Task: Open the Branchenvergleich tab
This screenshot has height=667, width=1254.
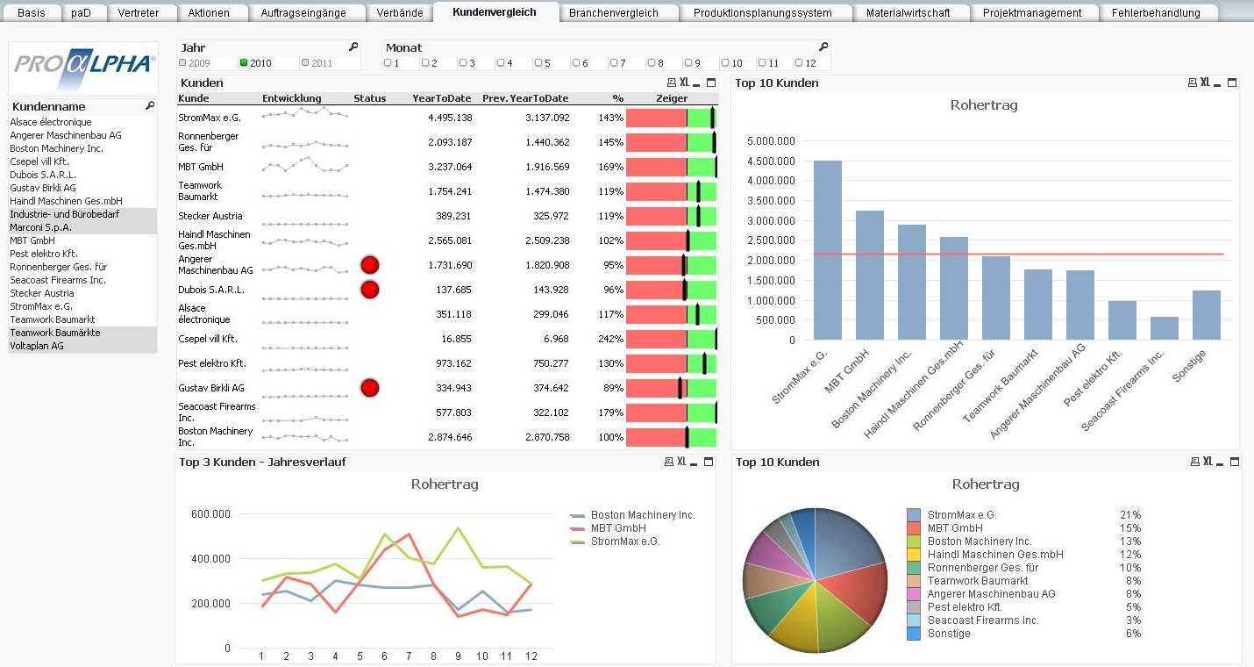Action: tap(613, 13)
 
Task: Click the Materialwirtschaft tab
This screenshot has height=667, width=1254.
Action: tap(908, 13)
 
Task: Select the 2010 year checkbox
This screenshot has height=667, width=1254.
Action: tap(245, 63)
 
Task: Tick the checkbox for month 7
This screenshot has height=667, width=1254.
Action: tap(614, 63)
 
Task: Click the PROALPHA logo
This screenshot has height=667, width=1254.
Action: tap(83, 68)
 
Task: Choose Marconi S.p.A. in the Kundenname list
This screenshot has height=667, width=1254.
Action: tap(40, 227)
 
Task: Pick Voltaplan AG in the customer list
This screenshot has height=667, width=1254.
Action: tap(37, 346)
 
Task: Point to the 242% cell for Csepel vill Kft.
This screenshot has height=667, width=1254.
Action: tap(610, 339)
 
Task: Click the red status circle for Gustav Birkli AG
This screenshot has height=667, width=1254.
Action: tap(370, 388)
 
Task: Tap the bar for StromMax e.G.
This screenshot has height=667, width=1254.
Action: tap(827, 250)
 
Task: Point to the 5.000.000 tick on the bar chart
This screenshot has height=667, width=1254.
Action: tap(769, 140)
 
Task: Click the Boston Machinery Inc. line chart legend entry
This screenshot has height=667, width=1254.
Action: tap(642, 515)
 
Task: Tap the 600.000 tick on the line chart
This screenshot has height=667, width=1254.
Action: tap(210, 514)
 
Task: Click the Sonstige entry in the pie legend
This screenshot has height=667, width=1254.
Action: tap(948, 634)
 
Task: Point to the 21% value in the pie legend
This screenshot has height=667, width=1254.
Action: tap(1129, 515)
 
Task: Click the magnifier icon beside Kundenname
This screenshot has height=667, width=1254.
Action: tap(150, 106)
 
